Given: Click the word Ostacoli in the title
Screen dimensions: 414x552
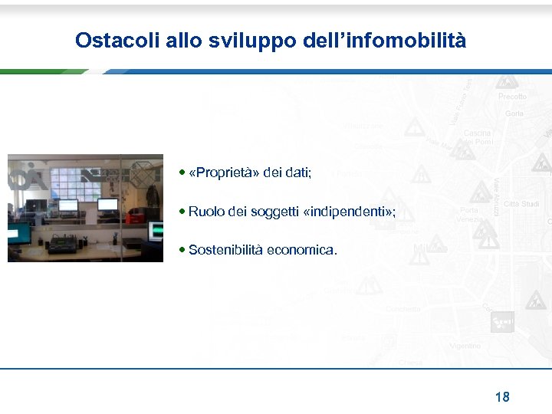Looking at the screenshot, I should click(x=117, y=41).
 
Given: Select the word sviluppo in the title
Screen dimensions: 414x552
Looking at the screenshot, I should click(x=245, y=41).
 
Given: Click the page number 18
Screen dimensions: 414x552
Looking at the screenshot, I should click(x=502, y=396).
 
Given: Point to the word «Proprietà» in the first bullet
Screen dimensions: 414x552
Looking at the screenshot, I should click(x=223, y=173).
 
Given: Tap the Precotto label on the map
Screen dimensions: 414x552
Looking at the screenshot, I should click(x=512, y=97).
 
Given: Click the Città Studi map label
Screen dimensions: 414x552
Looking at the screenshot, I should click(x=521, y=204).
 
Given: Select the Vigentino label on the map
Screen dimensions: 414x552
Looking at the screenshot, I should click(x=465, y=346).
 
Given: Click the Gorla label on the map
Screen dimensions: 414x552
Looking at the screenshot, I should click(x=514, y=113).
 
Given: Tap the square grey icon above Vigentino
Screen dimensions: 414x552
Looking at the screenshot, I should click(x=502, y=321).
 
